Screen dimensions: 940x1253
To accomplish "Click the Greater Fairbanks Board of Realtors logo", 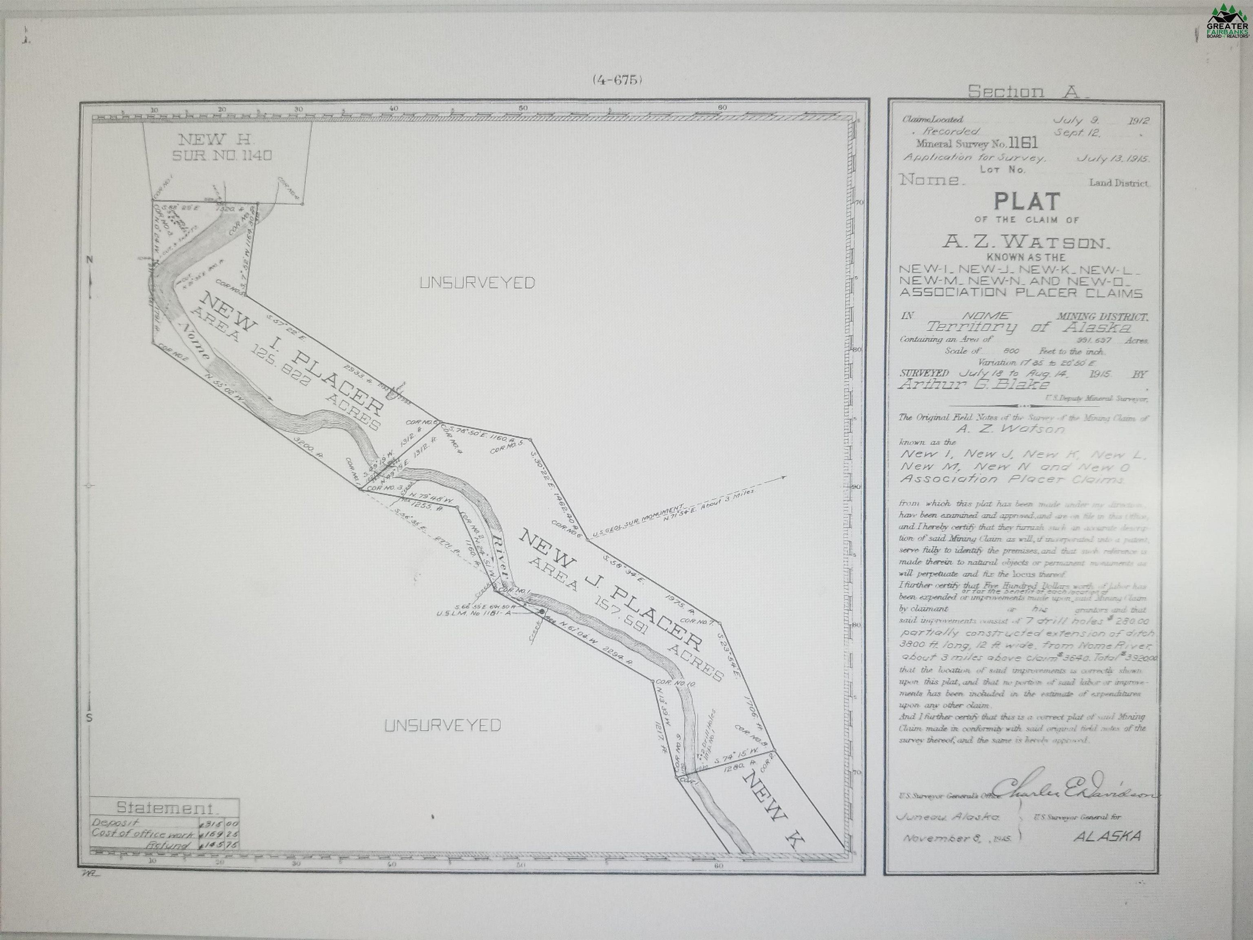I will (x=1227, y=22).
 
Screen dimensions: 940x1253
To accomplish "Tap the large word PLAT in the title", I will (x=1027, y=202).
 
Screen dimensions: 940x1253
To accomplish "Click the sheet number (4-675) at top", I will (x=617, y=80).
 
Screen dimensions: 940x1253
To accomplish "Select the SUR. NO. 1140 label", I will (x=222, y=155).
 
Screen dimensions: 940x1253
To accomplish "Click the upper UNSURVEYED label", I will (x=477, y=283).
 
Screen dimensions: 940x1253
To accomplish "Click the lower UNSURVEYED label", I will (x=443, y=725).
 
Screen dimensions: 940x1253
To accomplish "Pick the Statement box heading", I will (x=165, y=807).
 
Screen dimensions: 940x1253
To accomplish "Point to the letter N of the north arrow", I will (x=89, y=259).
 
